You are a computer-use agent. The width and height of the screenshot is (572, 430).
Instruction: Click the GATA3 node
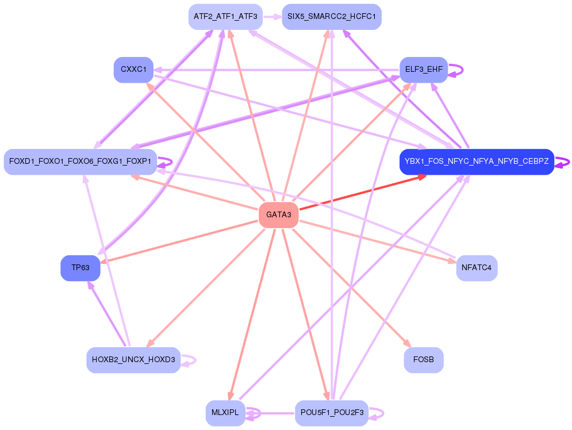pos(279,215)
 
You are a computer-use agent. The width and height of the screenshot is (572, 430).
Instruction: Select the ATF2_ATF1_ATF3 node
pos(225,17)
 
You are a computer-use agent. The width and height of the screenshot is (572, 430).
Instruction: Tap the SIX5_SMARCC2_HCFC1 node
pos(332,17)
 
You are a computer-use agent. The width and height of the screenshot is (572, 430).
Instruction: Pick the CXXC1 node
pos(133,70)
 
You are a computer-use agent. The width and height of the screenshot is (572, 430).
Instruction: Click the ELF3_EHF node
pos(424,70)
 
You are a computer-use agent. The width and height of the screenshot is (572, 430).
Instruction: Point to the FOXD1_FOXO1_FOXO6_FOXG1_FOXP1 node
pos(80,162)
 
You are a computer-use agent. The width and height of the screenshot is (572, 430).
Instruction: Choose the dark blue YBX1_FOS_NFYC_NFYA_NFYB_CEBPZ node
pos(477,162)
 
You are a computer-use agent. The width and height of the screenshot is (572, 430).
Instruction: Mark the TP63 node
pos(80,268)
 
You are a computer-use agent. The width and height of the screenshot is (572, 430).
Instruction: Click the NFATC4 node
pos(477,268)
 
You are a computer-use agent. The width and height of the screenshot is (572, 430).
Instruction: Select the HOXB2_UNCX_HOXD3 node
pos(133,360)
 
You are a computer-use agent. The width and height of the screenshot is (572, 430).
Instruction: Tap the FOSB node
pos(424,360)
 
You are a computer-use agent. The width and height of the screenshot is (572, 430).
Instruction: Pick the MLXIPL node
pos(225,413)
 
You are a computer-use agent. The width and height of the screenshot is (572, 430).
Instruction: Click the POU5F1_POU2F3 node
pos(332,413)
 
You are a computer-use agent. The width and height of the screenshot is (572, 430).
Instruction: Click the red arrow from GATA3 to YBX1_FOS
pos(362,193)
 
